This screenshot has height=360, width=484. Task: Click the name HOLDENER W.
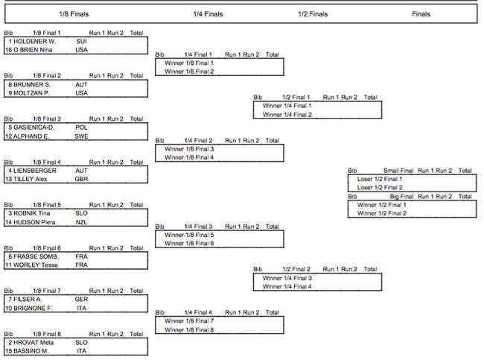34,42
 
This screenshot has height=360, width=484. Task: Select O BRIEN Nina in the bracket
33,50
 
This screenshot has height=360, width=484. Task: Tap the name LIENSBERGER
35,171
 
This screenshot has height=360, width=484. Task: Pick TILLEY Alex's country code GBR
81,179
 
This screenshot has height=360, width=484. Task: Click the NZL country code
81,222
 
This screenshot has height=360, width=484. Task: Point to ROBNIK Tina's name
32,213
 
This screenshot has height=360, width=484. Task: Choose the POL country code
81,127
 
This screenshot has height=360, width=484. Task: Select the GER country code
81,299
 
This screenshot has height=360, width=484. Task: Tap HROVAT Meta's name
34,342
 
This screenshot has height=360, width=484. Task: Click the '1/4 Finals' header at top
208,14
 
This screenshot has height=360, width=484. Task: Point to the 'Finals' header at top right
421,14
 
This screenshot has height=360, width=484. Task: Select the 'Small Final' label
398,171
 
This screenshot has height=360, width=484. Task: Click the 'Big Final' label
401,196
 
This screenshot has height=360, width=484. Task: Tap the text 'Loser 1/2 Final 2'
380,187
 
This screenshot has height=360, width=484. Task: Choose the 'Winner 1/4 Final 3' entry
287,278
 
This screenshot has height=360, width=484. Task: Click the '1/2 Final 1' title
296,97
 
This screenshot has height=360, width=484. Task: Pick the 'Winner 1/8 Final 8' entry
189,329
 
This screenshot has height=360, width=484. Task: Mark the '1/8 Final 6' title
47,248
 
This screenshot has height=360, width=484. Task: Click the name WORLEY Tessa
36,265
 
